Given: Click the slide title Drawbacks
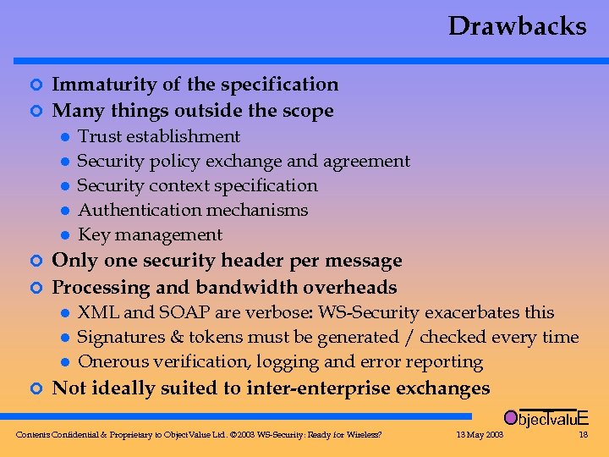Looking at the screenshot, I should (517, 26).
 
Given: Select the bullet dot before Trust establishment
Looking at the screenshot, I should (64, 137).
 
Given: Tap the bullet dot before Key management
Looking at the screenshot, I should (64, 235).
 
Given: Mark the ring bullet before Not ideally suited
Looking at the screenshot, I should (35, 388).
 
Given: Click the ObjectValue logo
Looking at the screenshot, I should (546, 417).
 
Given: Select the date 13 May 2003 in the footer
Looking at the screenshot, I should (480, 435).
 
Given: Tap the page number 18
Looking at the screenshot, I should (582, 435).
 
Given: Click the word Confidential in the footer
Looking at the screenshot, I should (78, 435).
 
